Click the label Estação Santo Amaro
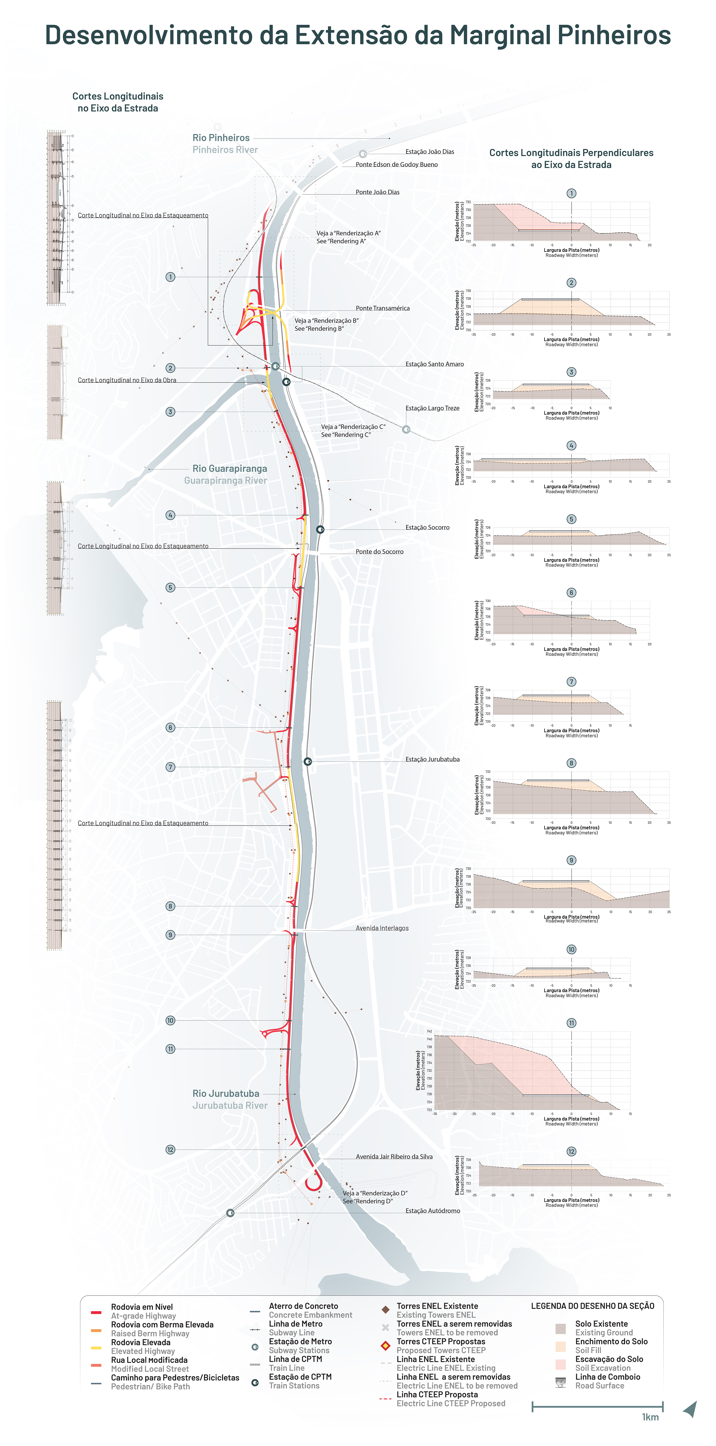tap(434, 364)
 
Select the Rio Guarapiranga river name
tap(230, 468)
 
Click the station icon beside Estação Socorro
tap(320, 529)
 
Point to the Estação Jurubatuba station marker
tap(307, 761)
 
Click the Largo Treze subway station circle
tap(406, 429)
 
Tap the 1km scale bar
tap(597, 1406)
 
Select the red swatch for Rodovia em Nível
tap(96, 1313)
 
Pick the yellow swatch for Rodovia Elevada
tap(96, 1348)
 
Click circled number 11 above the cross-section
tap(571, 1023)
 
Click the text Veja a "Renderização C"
tap(353, 427)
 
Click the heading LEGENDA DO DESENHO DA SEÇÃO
tap(593, 1306)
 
